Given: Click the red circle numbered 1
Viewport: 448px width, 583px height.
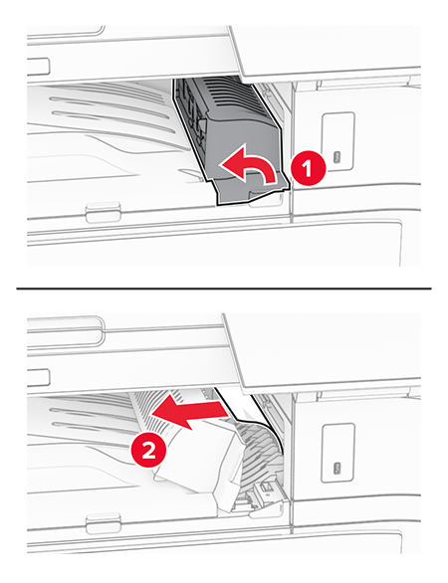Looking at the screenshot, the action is pyautogui.click(x=307, y=168).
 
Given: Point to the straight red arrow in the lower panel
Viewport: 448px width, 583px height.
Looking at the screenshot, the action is pyautogui.click(x=189, y=411).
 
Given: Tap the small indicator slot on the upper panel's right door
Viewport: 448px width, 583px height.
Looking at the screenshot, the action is pyautogui.click(x=337, y=156).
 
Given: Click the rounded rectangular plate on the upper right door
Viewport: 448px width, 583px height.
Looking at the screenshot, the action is pyautogui.click(x=337, y=141).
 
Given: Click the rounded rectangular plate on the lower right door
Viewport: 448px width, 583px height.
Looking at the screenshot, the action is pyautogui.click(x=337, y=454).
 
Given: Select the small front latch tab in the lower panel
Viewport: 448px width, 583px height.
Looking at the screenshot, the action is pyautogui.click(x=104, y=522).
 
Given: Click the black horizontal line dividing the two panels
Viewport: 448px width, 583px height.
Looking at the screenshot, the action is pyautogui.click(x=224, y=289).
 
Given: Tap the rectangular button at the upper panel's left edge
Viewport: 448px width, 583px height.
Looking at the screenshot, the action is pyautogui.click(x=38, y=67).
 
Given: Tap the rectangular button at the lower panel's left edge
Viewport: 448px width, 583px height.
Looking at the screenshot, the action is pyautogui.click(x=38, y=378).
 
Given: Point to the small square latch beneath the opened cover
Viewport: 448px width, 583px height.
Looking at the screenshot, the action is pyautogui.click(x=265, y=488).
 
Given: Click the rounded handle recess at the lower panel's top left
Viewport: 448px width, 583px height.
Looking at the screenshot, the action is pyautogui.click(x=65, y=330).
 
